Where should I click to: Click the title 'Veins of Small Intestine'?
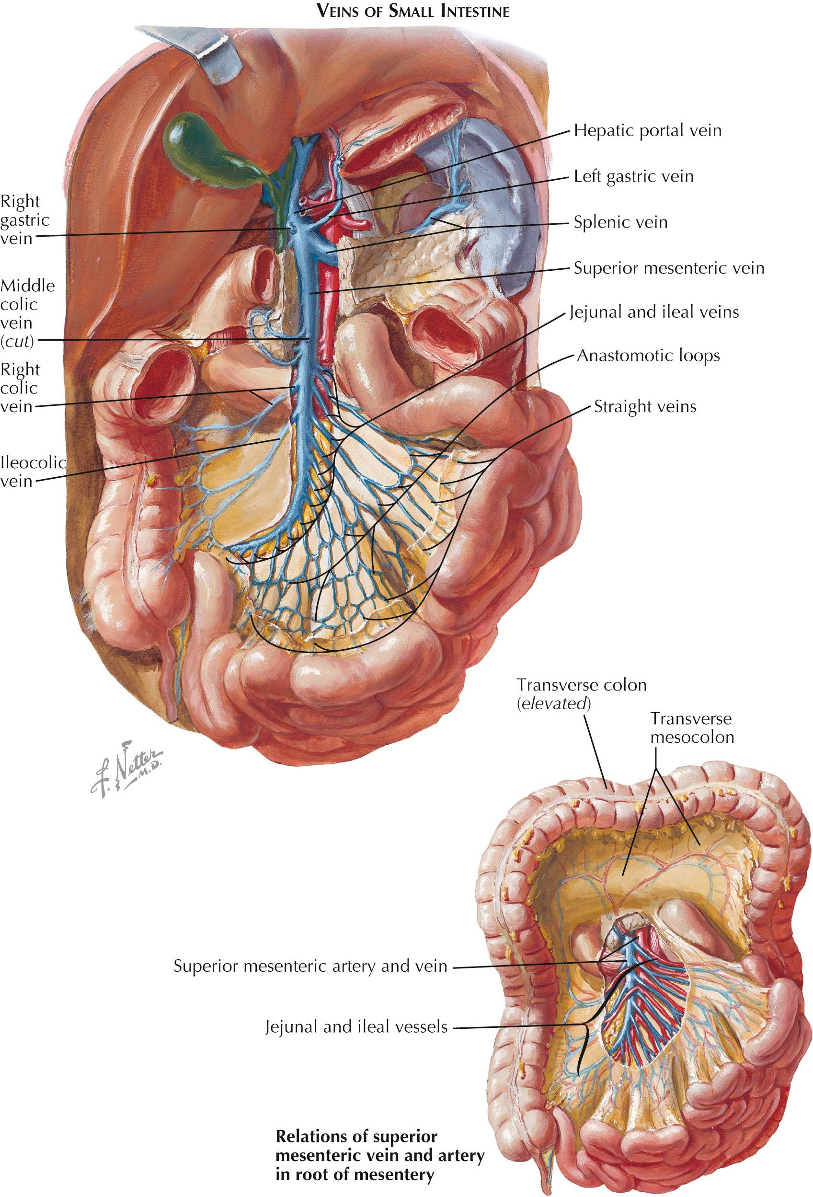pyautogui.click(x=413, y=12)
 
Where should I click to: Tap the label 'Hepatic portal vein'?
pyautogui.click(x=647, y=130)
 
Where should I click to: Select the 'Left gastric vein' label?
pyautogui.click(x=633, y=176)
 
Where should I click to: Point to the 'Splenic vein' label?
pyautogui.click(x=620, y=222)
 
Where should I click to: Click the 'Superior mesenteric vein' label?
pyautogui.click(x=669, y=268)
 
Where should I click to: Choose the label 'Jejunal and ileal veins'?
pyautogui.click(x=654, y=311)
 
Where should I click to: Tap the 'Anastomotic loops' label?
pyautogui.click(x=648, y=356)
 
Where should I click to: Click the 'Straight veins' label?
pyautogui.click(x=645, y=406)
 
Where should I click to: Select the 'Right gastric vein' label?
pyautogui.click(x=25, y=219)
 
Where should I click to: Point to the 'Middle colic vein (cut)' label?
pyautogui.click(x=27, y=313)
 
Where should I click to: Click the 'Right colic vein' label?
pyautogui.click(x=20, y=388)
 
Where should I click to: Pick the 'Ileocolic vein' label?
pyautogui.click(x=33, y=472)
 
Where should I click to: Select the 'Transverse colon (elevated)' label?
pyautogui.click(x=581, y=694)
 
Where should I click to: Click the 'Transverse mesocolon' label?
pyautogui.click(x=691, y=727)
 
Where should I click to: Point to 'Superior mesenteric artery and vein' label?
pyautogui.click(x=310, y=966)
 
